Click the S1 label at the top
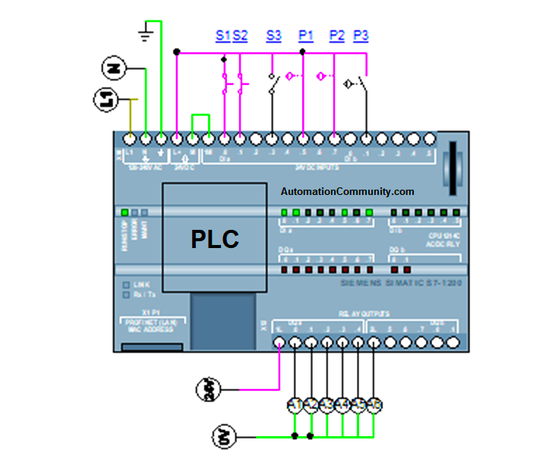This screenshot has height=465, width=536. [x=222, y=36]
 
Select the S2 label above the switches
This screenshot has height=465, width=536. [x=240, y=36]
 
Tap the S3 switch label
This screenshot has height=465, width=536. [x=273, y=36]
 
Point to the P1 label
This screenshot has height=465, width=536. [x=306, y=36]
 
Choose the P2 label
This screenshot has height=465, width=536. [x=337, y=36]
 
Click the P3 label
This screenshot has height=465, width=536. [x=361, y=36]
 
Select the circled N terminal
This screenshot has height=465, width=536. [x=112, y=69]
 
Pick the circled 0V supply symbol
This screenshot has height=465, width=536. [x=223, y=436]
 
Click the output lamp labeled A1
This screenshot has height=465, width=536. [x=295, y=405]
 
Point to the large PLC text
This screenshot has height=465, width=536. [x=215, y=240]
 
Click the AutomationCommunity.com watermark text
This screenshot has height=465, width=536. [x=348, y=192]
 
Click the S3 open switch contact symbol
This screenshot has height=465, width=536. [x=273, y=84]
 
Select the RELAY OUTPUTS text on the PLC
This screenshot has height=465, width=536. [x=364, y=313]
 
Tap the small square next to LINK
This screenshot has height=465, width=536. [x=125, y=285]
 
